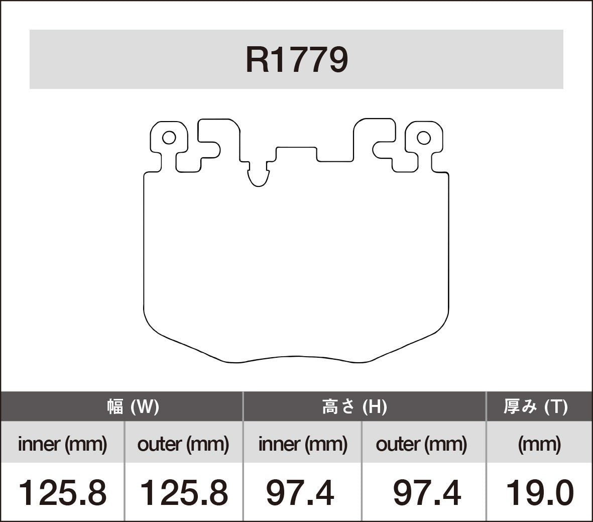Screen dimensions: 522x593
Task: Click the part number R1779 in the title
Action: click(x=296, y=60)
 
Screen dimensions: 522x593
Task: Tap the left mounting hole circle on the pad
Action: click(x=169, y=137)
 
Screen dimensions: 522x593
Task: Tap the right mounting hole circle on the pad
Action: click(x=424, y=137)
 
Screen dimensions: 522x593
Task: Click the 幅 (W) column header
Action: click(x=133, y=406)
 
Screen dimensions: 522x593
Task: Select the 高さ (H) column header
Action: click(x=354, y=406)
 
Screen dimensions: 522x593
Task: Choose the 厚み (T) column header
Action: click(x=535, y=406)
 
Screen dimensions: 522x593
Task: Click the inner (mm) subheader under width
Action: click(x=62, y=444)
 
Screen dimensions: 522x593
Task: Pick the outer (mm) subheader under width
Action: click(x=183, y=444)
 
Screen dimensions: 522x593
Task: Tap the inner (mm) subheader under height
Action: click(x=302, y=444)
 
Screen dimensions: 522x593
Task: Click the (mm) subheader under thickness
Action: click(x=539, y=444)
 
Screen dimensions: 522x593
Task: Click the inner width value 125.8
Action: click(x=62, y=492)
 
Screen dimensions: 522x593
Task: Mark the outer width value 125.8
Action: click(x=183, y=492)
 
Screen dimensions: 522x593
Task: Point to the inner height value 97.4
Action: click(x=300, y=492)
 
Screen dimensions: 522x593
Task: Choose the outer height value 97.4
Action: click(x=426, y=492)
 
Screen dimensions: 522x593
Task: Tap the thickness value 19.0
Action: click(x=539, y=492)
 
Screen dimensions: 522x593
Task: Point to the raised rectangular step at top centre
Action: click(x=296, y=153)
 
